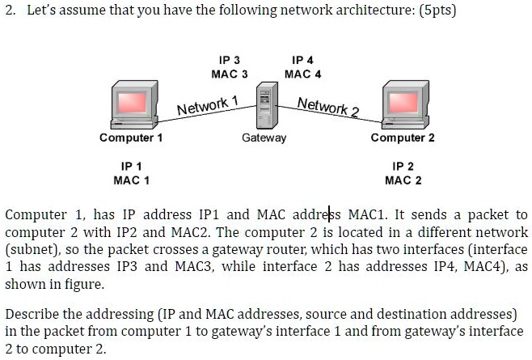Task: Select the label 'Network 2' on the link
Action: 328,106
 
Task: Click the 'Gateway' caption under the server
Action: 264,138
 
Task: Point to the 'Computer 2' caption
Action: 403,138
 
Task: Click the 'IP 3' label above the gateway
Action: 229,61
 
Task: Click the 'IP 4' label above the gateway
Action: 303,61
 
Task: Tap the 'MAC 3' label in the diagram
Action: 229,74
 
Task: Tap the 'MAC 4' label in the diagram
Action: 303,74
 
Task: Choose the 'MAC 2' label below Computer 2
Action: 403,180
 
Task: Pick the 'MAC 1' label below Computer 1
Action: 131,180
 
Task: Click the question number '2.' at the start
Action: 11,13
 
